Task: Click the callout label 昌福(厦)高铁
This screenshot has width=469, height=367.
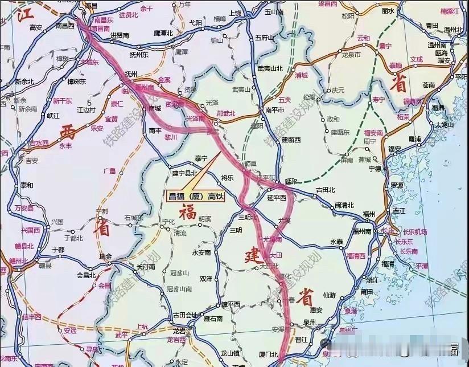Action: [195, 197]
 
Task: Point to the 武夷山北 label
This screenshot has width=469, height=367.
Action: [270, 68]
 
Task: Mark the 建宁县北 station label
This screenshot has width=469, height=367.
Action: [184, 174]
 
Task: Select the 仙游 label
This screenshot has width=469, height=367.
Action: [329, 295]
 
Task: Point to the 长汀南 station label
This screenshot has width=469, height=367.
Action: [146, 266]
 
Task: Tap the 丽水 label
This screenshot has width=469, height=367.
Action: [388, 10]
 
